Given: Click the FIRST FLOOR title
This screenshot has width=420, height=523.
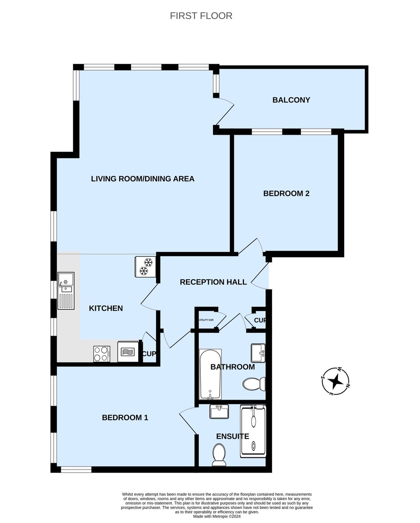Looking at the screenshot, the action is [x=201, y=16].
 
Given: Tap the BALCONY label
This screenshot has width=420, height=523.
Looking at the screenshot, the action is [x=291, y=100].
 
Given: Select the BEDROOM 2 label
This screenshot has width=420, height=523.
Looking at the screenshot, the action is [x=286, y=194].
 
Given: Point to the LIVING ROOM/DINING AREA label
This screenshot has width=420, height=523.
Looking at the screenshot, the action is [x=142, y=179].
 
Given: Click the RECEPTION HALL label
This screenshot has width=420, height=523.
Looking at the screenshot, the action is [x=213, y=282].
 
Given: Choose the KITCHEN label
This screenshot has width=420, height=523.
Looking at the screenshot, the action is [x=105, y=308].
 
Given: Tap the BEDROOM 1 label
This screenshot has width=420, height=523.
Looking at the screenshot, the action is [x=125, y=417].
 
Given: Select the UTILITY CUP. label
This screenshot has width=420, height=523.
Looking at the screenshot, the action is [x=206, y=320].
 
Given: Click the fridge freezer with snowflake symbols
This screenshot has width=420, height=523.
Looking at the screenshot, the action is [x=145, y=267].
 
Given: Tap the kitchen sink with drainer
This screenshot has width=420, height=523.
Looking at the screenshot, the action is [x=66, y=291].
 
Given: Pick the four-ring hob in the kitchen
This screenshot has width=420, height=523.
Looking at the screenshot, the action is [x=102, y=354].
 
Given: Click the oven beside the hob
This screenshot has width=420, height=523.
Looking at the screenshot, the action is [x=128, y=352].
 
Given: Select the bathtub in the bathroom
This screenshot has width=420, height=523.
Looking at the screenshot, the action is [x=210, y=374].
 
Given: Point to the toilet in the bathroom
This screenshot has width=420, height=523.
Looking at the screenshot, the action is [x=254, y=384].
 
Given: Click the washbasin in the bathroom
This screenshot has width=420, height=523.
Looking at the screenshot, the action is [x=258, y=353].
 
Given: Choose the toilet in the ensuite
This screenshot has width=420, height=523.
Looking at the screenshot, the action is [x=219, y=455].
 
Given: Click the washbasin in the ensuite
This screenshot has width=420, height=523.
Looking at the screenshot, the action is [x=219, y=411].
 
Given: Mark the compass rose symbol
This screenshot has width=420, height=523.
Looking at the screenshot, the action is [x=335, y=381].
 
